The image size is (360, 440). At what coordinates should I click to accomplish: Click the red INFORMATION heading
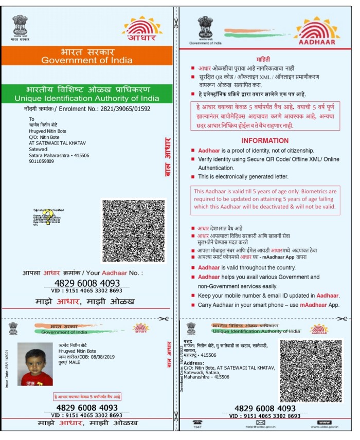(x=265, y=140)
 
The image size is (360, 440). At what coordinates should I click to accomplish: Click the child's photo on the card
(x=35, y=364)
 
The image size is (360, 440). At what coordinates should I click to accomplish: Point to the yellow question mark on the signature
(x=46, y=215)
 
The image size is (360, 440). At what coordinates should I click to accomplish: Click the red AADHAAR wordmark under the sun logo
(x=317, y=42)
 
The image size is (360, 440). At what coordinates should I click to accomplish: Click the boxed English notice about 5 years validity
(x=265, y=201)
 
